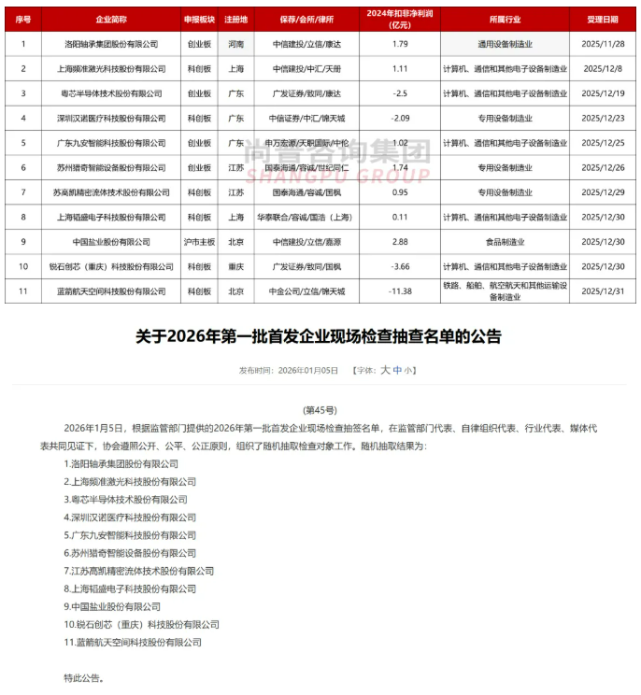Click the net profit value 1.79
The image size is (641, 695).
400,43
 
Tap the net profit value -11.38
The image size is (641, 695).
400,291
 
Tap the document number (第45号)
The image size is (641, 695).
320,409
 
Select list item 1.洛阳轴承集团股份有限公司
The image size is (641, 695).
121,463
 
